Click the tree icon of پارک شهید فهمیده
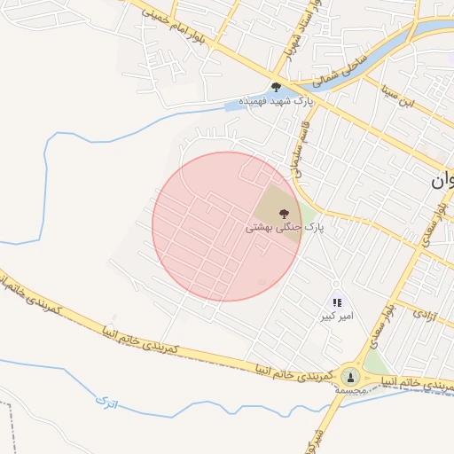coord(276,87)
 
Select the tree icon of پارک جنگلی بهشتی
coord(283,213)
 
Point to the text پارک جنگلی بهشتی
coord(285,228)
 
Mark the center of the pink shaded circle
coord(227,226)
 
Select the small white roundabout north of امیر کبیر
coord(335,284)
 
